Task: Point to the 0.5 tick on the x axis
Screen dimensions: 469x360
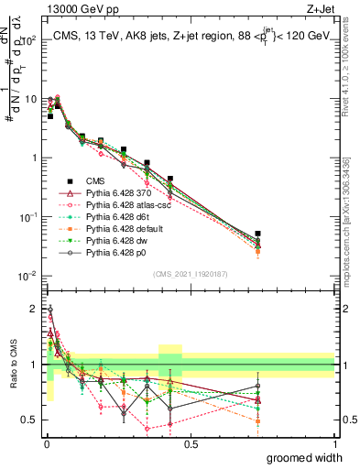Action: tap(191, 444)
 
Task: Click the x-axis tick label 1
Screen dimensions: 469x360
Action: tap(334, 444)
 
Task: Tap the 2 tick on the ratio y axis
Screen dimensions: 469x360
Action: tap(34, 310)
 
